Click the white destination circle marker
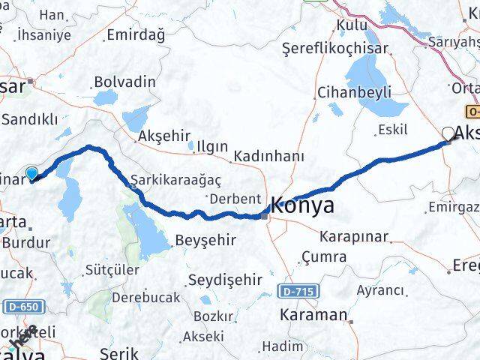click(x=448, y=133)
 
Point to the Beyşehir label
click(x=205, y=241)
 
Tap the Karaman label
click(x=313, y=315)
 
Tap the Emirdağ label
click(x=135, y=34)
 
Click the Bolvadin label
click(x=125, y=82)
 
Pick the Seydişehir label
click(x=225, y=279)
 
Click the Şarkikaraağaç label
click(x=166, y=181)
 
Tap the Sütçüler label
click(x=112, y=268)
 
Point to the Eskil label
click(x=394, y=130)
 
